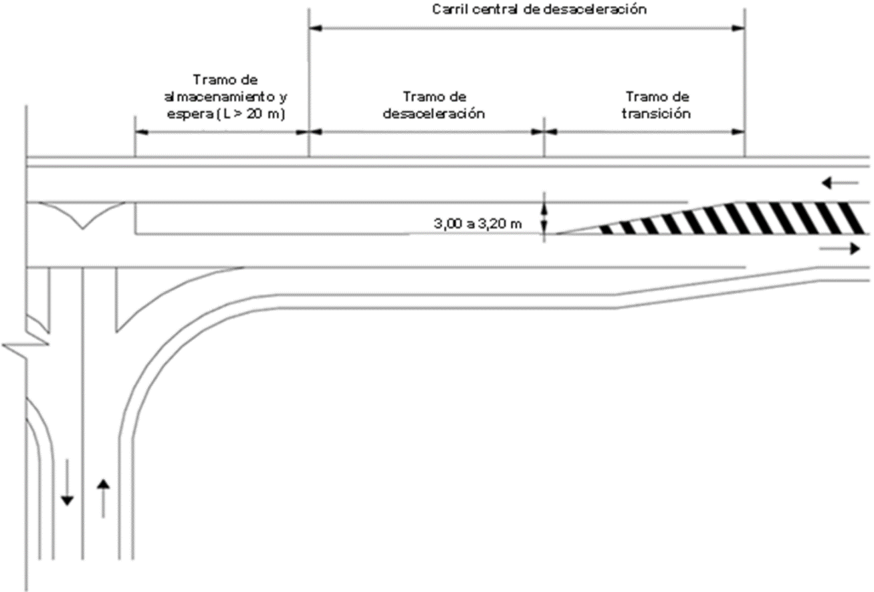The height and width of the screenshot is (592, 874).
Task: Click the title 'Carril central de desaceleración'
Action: [x=539, y=9]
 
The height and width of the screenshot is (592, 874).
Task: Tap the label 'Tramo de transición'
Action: [x=657, y=105]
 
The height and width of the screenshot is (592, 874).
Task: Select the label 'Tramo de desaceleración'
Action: [x=434, y=105]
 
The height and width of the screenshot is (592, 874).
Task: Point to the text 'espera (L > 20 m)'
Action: [x=226, y=114]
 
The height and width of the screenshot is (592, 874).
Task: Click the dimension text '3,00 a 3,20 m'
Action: [x=477, y=223]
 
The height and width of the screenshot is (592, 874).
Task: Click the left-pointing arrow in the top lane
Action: [x=840, y=182]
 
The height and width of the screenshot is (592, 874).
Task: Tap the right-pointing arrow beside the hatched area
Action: [x=840, y=249]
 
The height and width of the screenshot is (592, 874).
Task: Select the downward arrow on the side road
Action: [x=67, y=482]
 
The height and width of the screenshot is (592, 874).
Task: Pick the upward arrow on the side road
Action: [x=103, y=498]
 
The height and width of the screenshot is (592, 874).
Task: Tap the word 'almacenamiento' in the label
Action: [x=219, y=97]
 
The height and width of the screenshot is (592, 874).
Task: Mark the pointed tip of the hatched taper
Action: [x=556, y=234]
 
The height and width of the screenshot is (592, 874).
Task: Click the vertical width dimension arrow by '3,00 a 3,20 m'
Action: [x=545, y=218]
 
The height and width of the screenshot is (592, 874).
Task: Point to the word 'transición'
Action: [x=657, y=114]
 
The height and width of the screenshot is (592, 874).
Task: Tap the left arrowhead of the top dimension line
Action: [x=315, y=28]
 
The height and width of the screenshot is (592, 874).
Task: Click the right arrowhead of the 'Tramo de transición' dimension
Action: [x=738, y=132]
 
